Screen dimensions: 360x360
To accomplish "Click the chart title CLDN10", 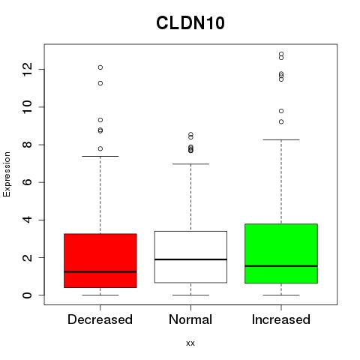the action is pos(190,23).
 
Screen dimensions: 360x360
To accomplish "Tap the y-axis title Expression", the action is pos(7,174).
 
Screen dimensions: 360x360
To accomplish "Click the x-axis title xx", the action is pos(190,343).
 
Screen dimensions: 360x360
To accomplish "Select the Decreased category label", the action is pos(100,319).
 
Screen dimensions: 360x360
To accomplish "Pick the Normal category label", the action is pos(190,319).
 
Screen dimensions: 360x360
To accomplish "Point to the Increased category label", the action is pos(281,319).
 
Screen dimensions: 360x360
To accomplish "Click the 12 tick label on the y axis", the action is pos(28,69).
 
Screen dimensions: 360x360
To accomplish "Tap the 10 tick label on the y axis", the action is pos(28,107).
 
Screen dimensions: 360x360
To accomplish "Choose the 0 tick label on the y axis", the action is pos(28,295).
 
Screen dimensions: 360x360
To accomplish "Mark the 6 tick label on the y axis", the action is pos(28,182).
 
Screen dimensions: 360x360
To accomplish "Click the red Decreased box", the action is pos(100,261).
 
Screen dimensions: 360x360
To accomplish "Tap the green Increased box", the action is pos(281,253).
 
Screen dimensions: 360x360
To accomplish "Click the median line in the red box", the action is pos(100,271).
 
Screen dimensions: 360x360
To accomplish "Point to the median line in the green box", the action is pos(281,266).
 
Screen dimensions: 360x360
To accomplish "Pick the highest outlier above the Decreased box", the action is pos(100,67).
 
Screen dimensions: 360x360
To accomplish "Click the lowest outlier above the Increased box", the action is pos(281,121).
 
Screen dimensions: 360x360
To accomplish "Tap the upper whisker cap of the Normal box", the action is pos(190,164).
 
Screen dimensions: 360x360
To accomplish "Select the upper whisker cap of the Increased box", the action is pos(281,139).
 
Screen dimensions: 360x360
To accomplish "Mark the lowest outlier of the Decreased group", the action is pos(100,148).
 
